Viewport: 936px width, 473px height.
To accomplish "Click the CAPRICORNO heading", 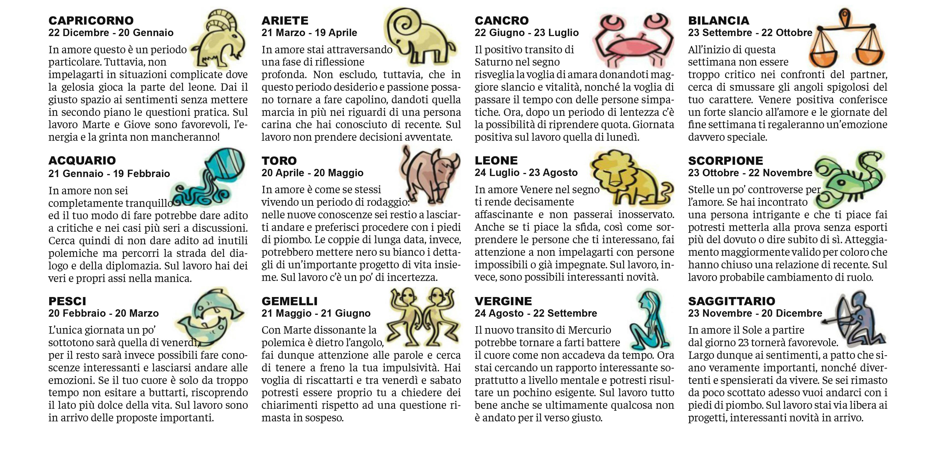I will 91,20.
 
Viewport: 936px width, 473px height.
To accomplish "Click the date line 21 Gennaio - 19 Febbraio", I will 109,174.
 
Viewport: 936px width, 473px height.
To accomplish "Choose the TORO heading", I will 279,161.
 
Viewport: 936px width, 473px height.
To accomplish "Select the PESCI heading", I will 67,301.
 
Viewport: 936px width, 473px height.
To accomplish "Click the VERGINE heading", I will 503,301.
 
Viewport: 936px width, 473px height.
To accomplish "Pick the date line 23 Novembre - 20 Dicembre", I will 755,313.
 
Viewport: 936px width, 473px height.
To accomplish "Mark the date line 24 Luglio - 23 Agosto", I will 526,173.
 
